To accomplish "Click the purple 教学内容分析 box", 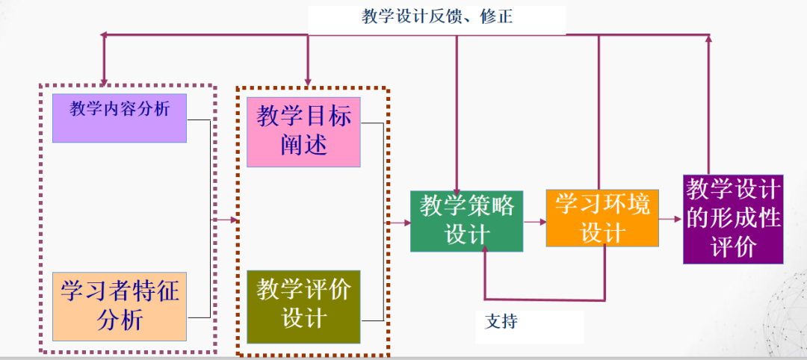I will click(x=120, y=118).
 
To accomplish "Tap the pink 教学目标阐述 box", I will click(x=303, y=131).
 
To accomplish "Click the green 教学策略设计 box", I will click(x=467, y=221).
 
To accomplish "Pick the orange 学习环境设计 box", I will click(x=602, y=217).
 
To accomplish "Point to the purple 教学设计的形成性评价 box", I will click(x=733, y=219).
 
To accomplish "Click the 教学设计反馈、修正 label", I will click(x=436, y=17).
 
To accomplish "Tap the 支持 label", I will click(x=501, y=323).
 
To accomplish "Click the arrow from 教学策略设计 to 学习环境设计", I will click(x=534, y=221).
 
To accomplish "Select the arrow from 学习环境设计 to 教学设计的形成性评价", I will click(x=671, y=220).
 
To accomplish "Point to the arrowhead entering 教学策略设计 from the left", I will click(x=406, y=222).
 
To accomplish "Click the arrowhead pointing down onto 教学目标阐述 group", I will click(x=307, y=81).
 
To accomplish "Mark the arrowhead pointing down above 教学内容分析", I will click(x=105, y=81).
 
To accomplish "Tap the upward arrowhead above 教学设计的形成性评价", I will click(x=708, y=37).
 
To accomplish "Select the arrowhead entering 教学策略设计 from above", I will click(x=457, y=187).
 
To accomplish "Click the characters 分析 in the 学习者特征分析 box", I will click(x=120, y=320).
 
